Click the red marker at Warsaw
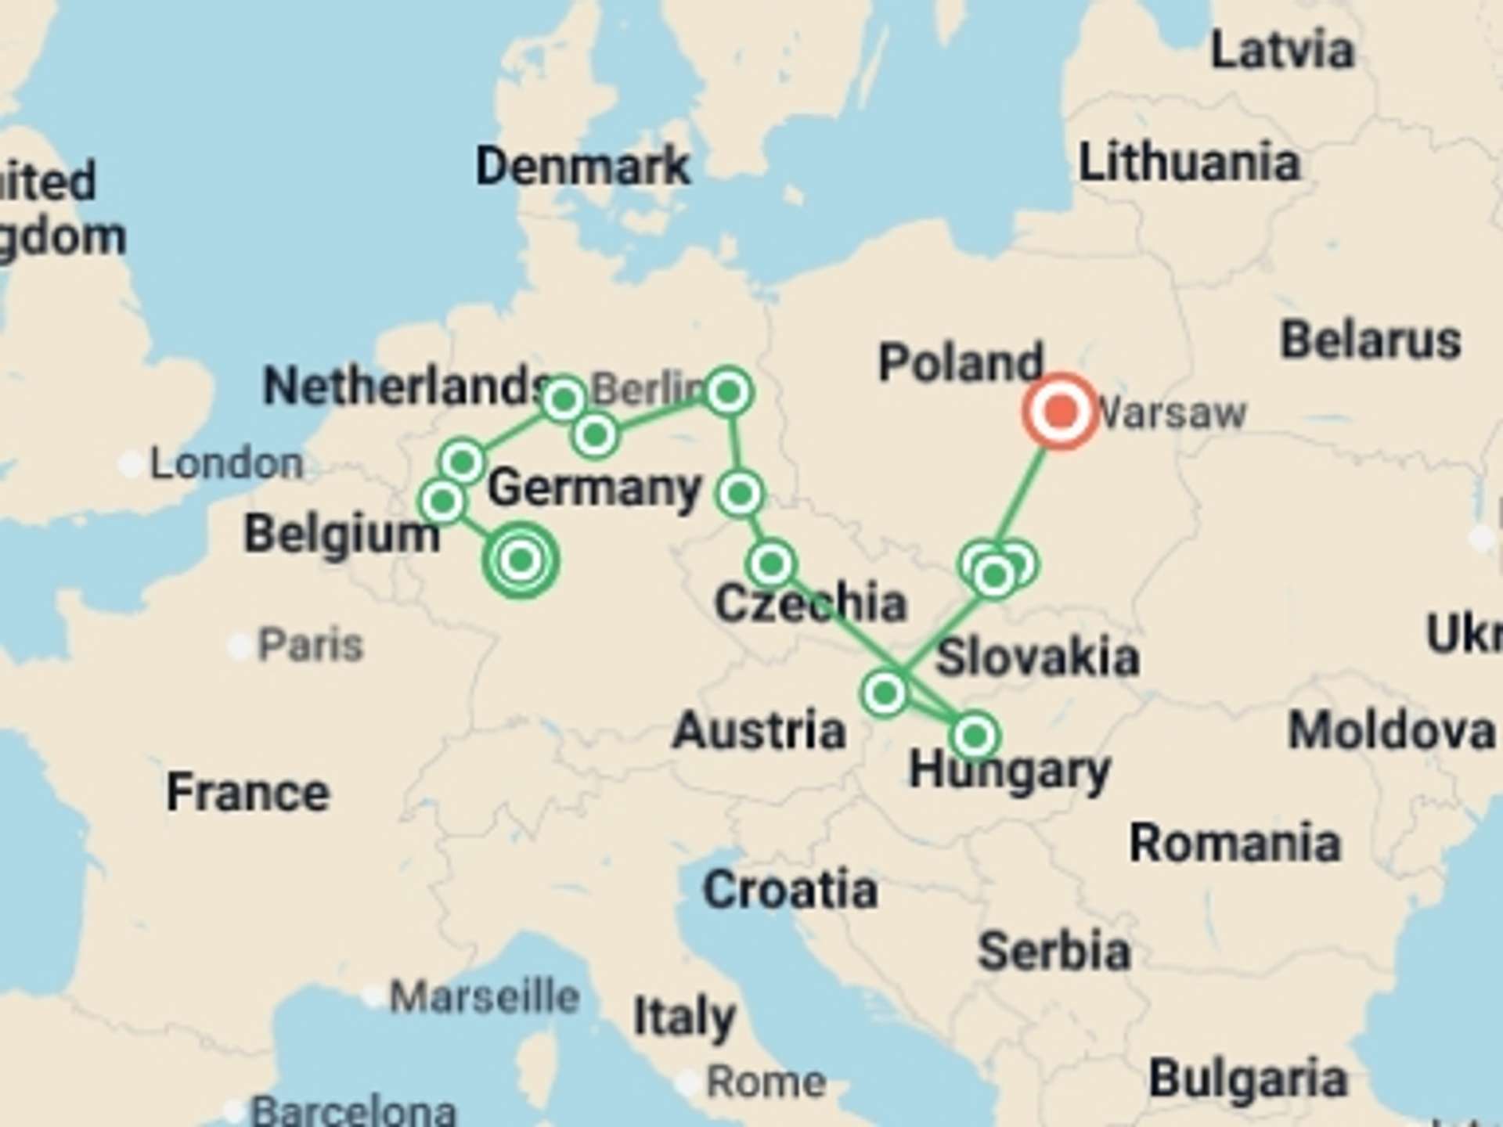(1061, 412)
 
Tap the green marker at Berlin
(729, 391)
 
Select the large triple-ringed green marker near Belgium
(521, 560)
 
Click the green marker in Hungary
(975, 736)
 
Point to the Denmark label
(583, 166)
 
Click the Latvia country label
(1282, 51)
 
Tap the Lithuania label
(1189, 163)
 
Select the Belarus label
(1371, 340)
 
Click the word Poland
(961, 362)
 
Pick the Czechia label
(810, 603)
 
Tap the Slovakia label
(1037, 657)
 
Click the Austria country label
(759, 730)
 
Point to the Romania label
(1235, 843)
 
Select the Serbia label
(1054, 951)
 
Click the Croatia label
(790, 890)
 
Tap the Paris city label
(311, 645)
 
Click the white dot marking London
(130, 464)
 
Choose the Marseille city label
(485, 997)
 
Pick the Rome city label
(766, 1082)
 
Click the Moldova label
(1392, 731)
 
